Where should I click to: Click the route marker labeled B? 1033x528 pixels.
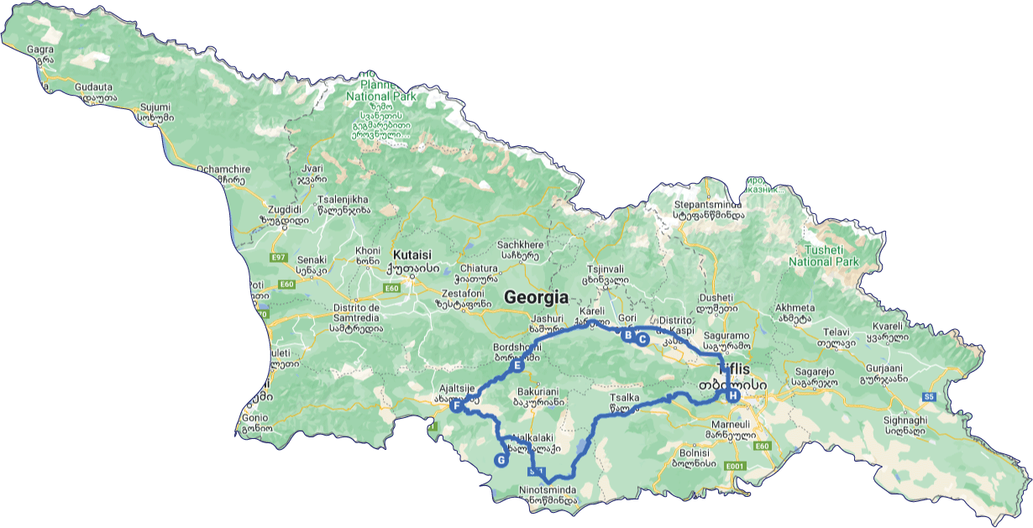pyautogui.click(x=627, y=335)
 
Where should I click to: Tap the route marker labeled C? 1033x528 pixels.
pyautogui.click(x=642, y=340)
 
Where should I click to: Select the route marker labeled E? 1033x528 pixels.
pyautogui.click(x=517, y=366)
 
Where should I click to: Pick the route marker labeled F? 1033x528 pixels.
pyautogui.click(x=456, y=406)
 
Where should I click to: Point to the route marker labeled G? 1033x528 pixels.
pyautogui.click(x=501, y=460)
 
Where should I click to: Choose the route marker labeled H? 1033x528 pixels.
pyautogui.click(x=732, y=395)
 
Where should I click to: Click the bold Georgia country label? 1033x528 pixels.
pyautogui.click(x=536, y=297)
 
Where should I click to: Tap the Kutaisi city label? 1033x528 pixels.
pyautogui.click(x=412, y=254)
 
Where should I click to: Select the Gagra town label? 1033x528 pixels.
pyautogui.click(x=40, y=50)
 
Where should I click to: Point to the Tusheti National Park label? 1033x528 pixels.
pyautogui.click(x=824, y=255)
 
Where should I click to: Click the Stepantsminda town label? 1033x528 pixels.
pyautogui.click(x=708, y=204)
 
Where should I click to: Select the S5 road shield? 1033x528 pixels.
pyautogui.click(x=929, y=395)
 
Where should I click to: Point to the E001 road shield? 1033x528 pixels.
pyautogui.click(x=736, y=467)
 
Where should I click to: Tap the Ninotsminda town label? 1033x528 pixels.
pyautogui.click(x=548, y=489)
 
